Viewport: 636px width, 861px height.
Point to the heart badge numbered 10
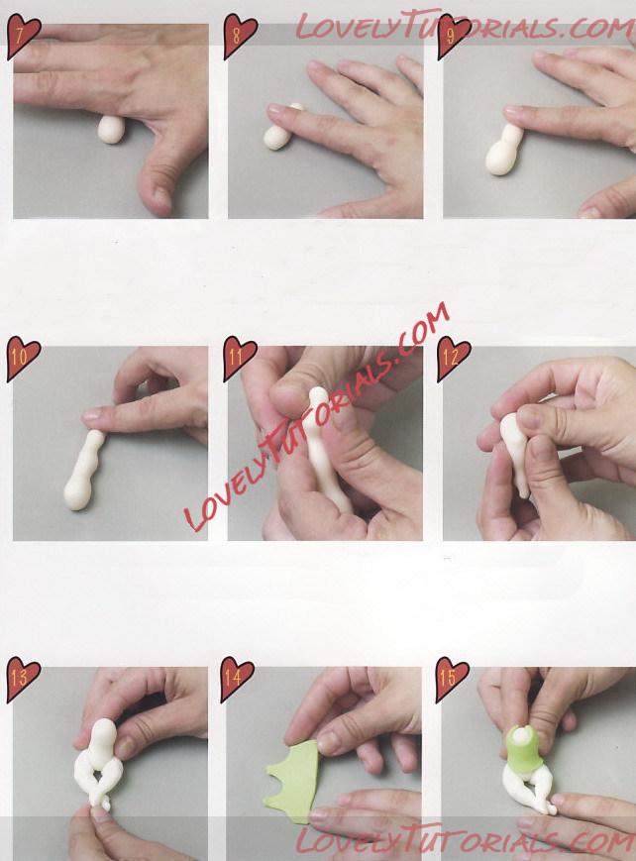[23, 358]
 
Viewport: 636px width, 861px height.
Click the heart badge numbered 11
[240, 358]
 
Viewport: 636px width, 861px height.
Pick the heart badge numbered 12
[453, 358]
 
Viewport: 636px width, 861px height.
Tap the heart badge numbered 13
[23, 680]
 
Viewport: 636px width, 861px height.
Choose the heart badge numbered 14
[237, 680]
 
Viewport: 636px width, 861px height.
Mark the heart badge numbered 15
[452, 680]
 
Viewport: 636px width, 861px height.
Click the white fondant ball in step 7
[112, 130]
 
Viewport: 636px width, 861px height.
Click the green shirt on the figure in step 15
[520, 749]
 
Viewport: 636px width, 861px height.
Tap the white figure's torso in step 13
[102, 742]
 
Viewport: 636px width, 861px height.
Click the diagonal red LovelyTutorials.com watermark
[316, 417]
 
